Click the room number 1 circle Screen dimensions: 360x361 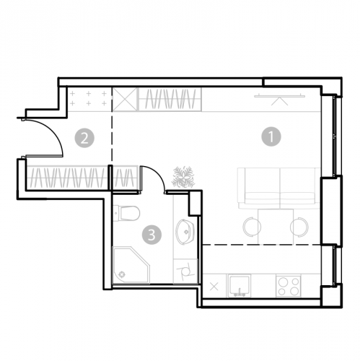[271, 136]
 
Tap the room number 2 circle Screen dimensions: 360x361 [84, 138]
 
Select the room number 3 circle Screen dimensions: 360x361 [152, 235]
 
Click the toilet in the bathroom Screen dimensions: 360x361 [126, 213]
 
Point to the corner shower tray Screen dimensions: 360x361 [131, 265]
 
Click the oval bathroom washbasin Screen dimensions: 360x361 [185, 232]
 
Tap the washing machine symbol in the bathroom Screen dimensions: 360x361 [185, 271]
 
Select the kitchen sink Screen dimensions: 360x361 [240, 286]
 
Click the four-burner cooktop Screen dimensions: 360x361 [288, 286]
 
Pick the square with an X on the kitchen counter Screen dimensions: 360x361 [214, 287]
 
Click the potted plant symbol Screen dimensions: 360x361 [183, 177]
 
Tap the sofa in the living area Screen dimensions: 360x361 [279, 188]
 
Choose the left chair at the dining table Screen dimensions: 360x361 [252, 227]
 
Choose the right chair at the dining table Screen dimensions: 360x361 [299, 227]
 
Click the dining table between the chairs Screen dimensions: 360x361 [276, 226]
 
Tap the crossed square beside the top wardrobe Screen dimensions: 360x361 [125, 100]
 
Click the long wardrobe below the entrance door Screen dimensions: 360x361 [67, 178]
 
